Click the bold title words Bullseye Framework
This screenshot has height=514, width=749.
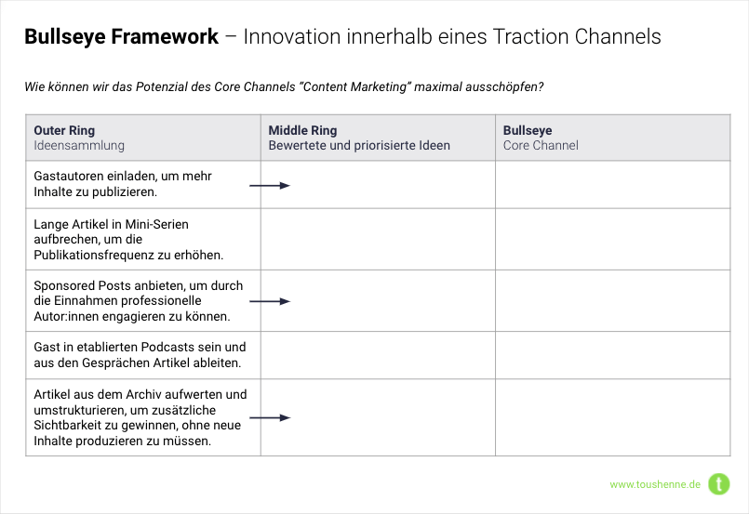click(121, 37)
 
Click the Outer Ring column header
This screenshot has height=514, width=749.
click(64, 130)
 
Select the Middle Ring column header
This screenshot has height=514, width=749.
click(302, 130)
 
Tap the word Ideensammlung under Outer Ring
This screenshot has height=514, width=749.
click(79, 145)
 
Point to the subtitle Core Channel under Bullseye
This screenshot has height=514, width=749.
click(541, 145)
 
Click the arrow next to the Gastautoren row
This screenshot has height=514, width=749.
click(270, 186)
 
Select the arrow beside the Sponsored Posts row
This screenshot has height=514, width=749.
click(270, 301)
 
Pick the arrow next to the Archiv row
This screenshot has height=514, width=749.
click(270, 418)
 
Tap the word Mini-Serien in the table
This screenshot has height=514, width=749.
click(156, 224)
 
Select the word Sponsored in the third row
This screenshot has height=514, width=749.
click(64, 286)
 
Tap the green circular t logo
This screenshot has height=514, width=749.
click(719, 484)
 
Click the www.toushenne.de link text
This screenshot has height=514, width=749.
click(655, 484)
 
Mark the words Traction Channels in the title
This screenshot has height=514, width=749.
click(577, 37)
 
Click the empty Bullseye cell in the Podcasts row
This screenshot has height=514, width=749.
click(613, 355)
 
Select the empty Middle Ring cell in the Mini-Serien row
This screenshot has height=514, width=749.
click(378, 239)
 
